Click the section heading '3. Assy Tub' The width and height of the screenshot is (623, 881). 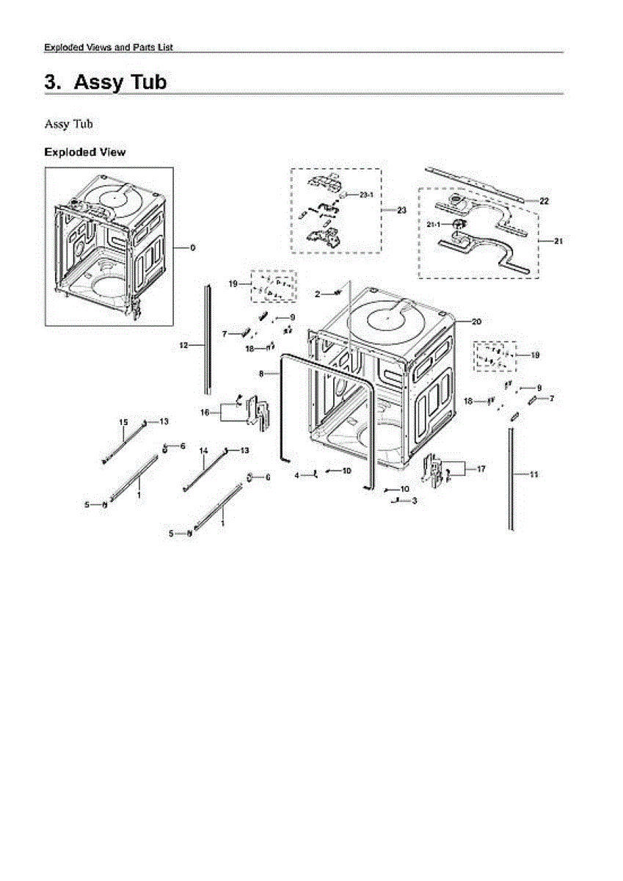[x=106, y=81]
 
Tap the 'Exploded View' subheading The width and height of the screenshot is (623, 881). [x=84, y=152]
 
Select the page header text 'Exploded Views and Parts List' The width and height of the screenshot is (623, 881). [x=109, y=47]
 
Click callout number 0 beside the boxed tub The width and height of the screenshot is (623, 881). [x=193, y=248]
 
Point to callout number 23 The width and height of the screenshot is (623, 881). [x=401, y=210]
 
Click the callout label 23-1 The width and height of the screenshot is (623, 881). [x=367, y=195]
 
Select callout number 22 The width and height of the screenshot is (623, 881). [x=544, y=200]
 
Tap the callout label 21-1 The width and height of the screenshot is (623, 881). [x=434, y=223]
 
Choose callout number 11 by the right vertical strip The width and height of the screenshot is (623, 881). [x=534, y=474]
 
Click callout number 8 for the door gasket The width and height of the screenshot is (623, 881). [x=261, y=374]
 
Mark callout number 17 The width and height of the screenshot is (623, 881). [x=481, y=468]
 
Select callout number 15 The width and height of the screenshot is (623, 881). [x=124, y=421]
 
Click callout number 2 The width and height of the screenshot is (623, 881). [x=318, y=294]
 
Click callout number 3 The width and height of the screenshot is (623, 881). [x=415, y=501]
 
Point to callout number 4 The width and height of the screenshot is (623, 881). [x=298, y=476]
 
